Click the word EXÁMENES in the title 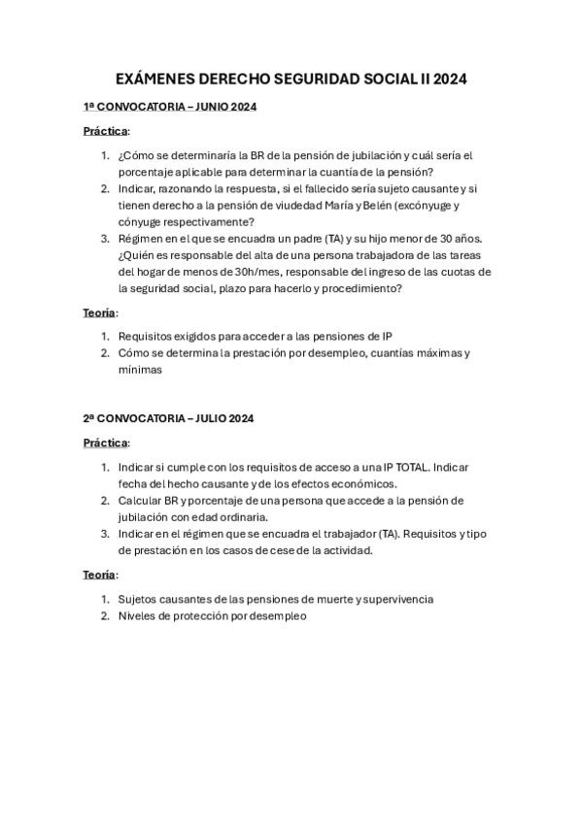pos(154,80)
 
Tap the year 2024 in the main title pos(446,80)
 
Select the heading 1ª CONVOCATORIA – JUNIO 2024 pos(170,107)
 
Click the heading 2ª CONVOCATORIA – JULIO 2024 pos(168,418)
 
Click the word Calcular pos(140,500)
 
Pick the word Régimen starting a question pos(142,238)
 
